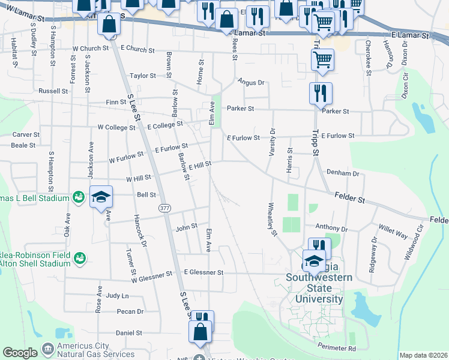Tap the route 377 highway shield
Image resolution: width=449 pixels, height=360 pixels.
[164, 208]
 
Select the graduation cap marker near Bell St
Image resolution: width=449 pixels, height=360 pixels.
[101, 197]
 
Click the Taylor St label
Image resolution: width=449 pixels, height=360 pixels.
[143, 76]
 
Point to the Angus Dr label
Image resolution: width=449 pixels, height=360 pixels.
[250, 82]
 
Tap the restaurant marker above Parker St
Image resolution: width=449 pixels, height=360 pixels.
[321, 94]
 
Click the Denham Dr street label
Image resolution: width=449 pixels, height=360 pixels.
[342, 173]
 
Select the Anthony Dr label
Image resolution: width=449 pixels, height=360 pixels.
[331, 228]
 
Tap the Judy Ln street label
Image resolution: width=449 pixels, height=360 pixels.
[117, 296]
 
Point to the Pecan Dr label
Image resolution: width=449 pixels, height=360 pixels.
[131, 311]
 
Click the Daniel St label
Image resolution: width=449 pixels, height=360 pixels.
[128, 332]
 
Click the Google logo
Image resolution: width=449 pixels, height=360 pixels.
[20, 353]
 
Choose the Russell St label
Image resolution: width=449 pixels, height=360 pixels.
[53, 91]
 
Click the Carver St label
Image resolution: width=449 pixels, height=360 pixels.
[26, 135]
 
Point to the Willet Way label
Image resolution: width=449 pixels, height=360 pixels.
[393, 232]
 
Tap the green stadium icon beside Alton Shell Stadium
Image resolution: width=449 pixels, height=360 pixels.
[78, 258]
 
